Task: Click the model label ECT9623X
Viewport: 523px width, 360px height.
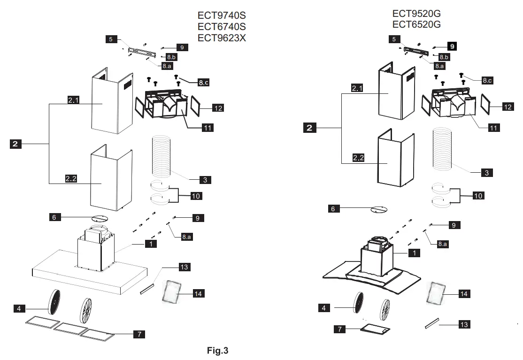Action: pos(222,38)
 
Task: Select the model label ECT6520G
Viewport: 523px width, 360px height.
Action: pos(416,24)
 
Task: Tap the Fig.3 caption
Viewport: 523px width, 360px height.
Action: pos(218,350)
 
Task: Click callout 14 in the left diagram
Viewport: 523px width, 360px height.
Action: pos(198,294)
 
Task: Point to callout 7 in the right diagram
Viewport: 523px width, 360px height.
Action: pos(340,329)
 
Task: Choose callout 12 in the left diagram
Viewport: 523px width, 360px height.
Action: pos(218,108)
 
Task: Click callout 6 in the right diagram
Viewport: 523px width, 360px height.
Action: pos(333,209)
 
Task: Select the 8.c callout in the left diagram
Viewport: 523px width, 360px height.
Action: pos(203,83)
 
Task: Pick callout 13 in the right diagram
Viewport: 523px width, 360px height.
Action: pos(464,324)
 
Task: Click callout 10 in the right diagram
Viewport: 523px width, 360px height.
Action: pos(478,196)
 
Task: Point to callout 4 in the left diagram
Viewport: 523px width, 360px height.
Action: pos(19,309)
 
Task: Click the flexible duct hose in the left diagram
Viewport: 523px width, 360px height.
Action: pos(162,155)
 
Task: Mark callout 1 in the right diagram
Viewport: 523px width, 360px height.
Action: pos(415,253)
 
